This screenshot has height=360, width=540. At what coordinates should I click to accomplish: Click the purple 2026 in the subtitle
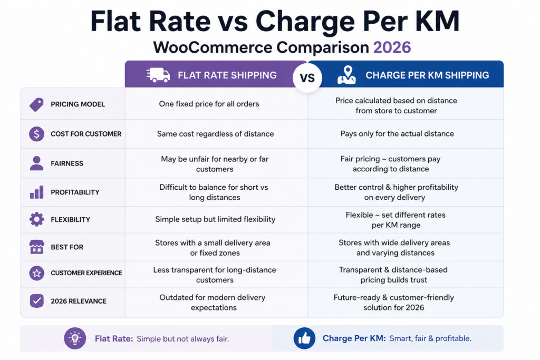(392, 47)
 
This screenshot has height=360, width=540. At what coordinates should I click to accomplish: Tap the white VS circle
(307, 77)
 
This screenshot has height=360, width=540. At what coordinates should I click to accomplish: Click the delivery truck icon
(158, 75)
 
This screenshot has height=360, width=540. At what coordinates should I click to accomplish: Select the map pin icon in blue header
(346, 75)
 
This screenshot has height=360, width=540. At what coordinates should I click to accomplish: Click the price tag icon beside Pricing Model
(36, 104)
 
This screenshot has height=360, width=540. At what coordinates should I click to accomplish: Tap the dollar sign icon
(36, 134)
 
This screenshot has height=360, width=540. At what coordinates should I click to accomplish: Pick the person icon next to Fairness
(36, 163)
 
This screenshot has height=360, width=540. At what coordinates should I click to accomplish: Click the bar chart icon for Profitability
(37, 192)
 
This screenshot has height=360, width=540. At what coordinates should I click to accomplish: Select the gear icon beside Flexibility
(36, 219)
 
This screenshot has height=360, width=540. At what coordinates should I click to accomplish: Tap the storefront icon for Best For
(36, 247)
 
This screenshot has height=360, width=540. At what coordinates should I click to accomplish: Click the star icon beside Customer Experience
(36, 273)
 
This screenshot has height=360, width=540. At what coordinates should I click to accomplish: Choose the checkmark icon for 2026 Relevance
(36, 301)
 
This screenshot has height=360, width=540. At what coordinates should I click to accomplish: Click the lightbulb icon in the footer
(75, 338)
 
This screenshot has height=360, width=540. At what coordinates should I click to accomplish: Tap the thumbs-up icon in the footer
(304, 338)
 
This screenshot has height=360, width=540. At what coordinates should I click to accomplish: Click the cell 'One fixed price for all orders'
(209, 104)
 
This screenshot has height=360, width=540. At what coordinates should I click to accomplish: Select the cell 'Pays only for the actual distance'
(397, 133)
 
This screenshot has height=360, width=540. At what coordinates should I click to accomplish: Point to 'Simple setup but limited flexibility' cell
(215, 219)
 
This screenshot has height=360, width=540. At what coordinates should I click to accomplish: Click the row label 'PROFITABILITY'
(75, 192)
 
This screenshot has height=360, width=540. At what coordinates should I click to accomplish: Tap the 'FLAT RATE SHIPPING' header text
(227, 75)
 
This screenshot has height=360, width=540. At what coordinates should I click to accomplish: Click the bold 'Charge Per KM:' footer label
(354, 338)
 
